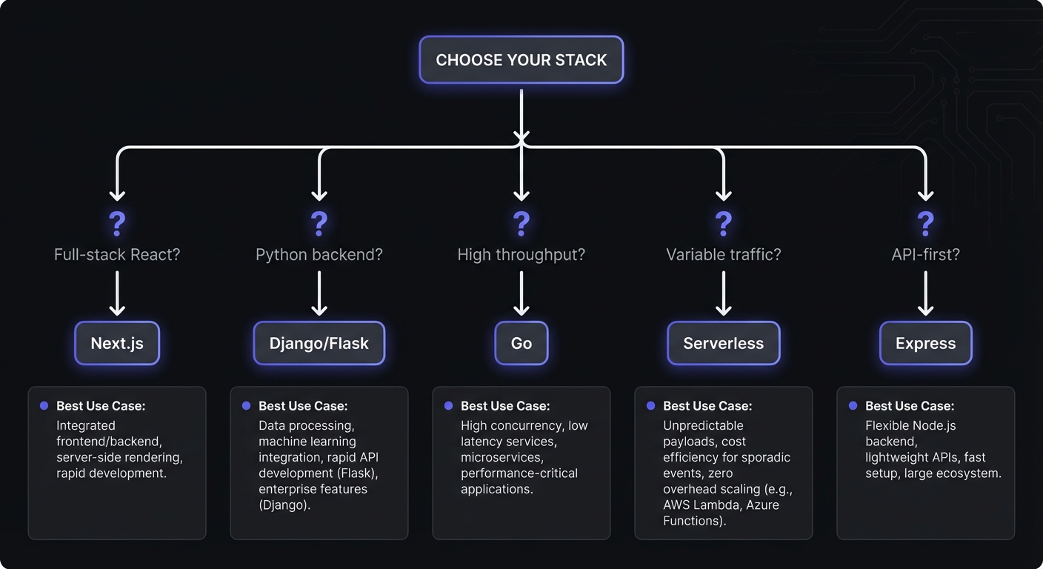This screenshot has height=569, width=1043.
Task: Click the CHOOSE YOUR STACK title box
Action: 521,60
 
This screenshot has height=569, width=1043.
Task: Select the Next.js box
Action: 117,343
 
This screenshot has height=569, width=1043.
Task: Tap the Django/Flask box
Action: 319,343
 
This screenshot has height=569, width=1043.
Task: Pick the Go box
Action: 521,343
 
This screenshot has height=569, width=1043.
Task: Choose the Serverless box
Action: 723,343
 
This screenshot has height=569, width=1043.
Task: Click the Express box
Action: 925,343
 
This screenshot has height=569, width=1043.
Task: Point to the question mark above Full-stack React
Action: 117,223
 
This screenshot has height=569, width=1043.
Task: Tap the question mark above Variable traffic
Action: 723,223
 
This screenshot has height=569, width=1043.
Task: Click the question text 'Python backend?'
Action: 319,255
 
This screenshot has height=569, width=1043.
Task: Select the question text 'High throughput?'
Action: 521,255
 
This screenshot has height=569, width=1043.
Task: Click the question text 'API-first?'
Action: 925,255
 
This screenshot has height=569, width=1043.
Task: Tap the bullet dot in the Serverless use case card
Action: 650,406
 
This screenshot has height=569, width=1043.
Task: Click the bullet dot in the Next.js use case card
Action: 44,406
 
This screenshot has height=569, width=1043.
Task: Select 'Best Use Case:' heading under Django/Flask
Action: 303,406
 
